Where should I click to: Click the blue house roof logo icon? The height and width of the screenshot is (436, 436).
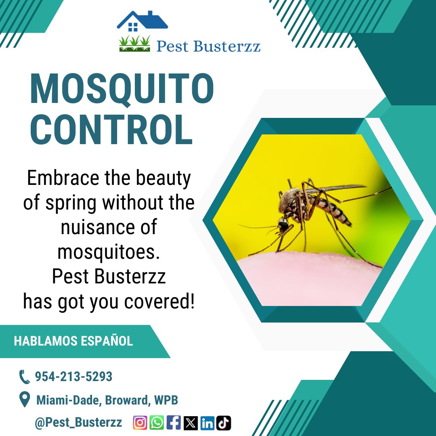tap(143, 21)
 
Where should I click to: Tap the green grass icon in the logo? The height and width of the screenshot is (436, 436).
tap(134, 44)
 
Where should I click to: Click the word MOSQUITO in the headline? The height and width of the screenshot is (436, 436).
tap(122, 90)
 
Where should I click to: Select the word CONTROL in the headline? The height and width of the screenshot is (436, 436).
tap(111, 130)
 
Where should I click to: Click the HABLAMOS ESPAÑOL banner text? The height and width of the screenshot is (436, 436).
tap(73, 341)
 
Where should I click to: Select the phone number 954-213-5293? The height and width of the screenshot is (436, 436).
tap(73, 377)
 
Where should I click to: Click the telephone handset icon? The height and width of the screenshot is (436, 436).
tap(25, 377)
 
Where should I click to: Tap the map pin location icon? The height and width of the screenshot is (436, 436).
tap(25, 400)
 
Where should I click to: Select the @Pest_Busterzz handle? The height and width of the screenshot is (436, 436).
tap(78, 423)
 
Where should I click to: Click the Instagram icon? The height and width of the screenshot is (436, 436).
tap(140, 423)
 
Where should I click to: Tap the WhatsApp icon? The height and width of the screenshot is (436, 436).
tap(157, 423)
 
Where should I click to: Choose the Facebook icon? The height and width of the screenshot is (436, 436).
tap(174, 423)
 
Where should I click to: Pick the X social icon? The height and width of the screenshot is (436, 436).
tap(191, 423)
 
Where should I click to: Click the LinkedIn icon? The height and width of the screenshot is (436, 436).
tap(207, 423)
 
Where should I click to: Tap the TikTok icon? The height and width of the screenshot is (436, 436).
tap(224, 423)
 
